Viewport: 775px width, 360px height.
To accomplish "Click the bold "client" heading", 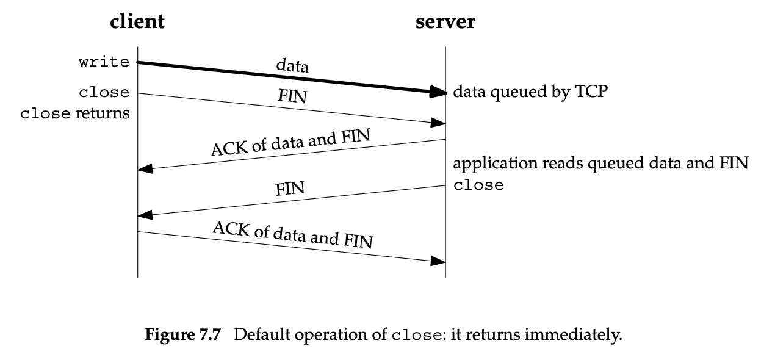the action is click(x=137, y=21).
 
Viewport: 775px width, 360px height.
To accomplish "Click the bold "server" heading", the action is click(x=445, y=22).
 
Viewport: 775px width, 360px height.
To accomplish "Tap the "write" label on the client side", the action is click(x=104, y=62).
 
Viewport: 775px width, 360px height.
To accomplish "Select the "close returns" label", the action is click(x=74, y=113).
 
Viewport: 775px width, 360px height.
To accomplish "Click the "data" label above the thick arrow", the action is click(x=292, y=65).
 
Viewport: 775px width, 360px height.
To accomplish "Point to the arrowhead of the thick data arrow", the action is click(x=438, y=92).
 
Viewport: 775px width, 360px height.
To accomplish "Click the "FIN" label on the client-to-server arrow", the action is click(x=292, y=96).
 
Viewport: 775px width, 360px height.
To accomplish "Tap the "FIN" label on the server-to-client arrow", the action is click(x=290, y=189).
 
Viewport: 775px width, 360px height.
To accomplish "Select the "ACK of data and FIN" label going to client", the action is click(x=290, y=142).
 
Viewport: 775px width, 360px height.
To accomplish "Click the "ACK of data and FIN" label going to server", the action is click(x=293, y=234).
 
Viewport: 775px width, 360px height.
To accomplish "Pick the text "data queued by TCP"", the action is click(x=530, y=92).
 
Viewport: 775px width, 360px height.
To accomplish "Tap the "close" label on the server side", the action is click(x=478, y=185).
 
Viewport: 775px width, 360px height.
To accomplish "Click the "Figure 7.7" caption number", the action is click(x=182, y=334).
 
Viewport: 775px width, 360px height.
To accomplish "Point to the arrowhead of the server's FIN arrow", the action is click(x=145, y=215).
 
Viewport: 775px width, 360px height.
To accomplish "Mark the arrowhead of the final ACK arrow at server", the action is click(x=438, y=261).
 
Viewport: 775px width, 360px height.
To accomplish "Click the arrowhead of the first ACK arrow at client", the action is click(x=145, y=168).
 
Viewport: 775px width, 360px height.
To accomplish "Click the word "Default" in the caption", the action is click(x=262, y=334).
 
